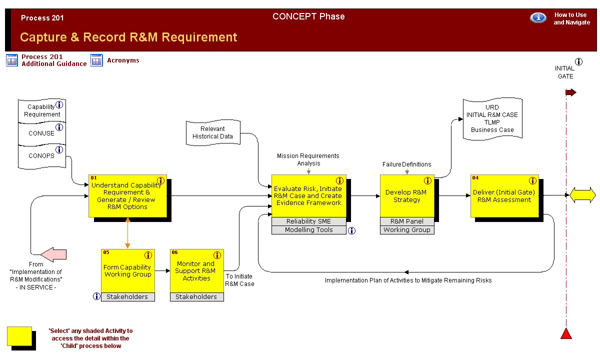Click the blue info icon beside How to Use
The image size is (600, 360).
coord(538,17)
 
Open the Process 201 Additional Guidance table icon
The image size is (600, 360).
coord(12,60)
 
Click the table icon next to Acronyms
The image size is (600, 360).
coord(96,60)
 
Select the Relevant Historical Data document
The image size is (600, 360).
coord(213,132)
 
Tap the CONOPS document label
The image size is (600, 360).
coord(41,155)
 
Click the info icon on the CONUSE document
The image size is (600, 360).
coord(59,127)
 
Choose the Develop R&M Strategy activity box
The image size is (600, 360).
coord(407,196)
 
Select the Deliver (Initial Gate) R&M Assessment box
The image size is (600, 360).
coord(504,196)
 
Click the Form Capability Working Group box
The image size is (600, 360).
coord(128,271)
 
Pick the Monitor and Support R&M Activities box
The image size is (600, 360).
coord(197,271)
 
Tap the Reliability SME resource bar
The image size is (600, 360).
coord(309,221)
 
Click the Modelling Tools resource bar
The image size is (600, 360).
coord(309,230)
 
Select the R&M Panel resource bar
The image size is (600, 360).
coord(407,221)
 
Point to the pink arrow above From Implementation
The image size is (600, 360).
coord(54,254)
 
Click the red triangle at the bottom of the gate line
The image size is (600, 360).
coord(566,333)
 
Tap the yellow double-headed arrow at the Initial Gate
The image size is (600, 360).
coord(583,195)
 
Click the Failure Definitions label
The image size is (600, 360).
coord(407,164)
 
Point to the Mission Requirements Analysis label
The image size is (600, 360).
coord(308,159)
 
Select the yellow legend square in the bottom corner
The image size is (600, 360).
coord(19,336)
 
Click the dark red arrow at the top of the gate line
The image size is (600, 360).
coord(571,92)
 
